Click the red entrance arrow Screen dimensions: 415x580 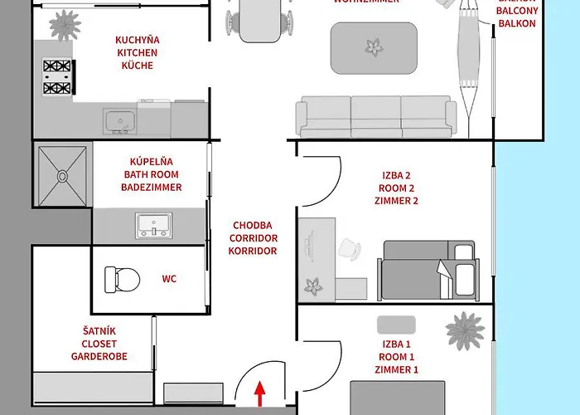(x=261, y=393)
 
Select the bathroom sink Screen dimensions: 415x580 (x=155, y=223)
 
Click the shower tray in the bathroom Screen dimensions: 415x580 (x=63, y=175)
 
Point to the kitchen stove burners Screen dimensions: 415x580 (x=57, y=76)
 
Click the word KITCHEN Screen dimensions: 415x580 (x=137, y=52)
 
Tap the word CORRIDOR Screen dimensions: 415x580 (x=253, y=237)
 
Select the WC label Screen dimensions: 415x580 (x=168, y=280)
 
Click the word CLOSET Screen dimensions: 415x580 (x=99, y=344)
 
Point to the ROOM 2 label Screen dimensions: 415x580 (x=395, y=188)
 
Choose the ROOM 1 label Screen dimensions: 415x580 (x=395, y=357)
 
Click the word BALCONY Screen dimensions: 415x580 (x=517, y=12)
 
